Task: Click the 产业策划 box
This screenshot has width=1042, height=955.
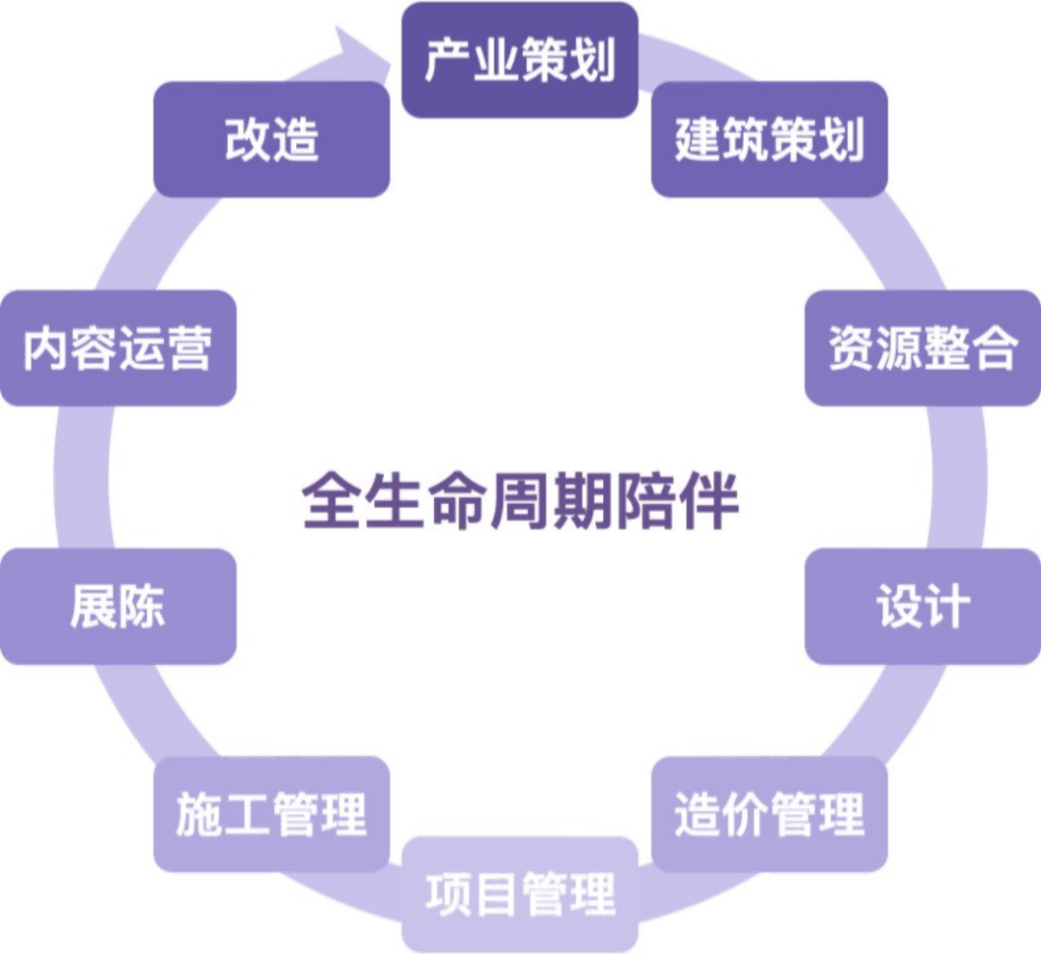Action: pos(519,60)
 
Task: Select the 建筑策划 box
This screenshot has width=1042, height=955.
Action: pos(769,139)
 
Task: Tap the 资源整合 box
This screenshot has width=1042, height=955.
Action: pos(923,348)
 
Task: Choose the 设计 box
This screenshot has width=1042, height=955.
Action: pos(923,606)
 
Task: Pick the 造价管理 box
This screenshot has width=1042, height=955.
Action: pos(769,814)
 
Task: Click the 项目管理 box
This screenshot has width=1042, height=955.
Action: pos(519,893)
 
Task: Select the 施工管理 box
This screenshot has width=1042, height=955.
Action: pos(271,814)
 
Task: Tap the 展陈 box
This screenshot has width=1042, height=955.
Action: pos(118,606)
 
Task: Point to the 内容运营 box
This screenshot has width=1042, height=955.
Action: pos(118,348)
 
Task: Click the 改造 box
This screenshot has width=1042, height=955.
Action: pos(271,139)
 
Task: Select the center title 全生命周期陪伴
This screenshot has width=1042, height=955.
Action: pos(520,500)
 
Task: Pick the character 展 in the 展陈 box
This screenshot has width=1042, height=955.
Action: pos(94,606)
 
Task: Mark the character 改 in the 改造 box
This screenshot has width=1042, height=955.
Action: pos(248,139)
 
